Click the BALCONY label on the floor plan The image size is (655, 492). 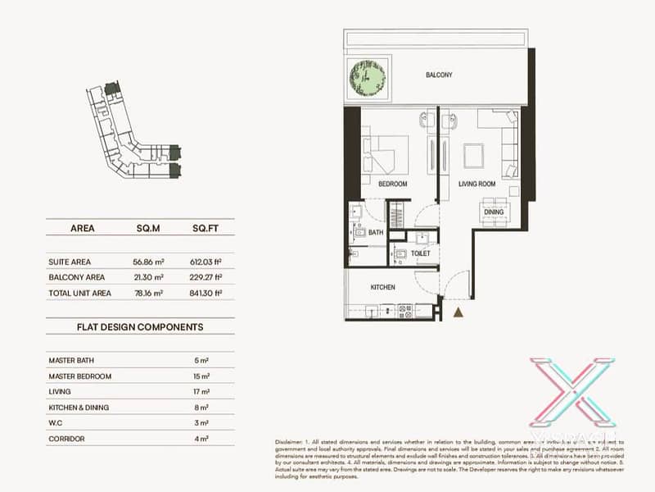[x=439, y=75]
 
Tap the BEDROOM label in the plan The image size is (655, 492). [x=393, y=184]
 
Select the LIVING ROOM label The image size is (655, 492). [x=478, y=184]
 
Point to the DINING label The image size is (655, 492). [x=494, y=212]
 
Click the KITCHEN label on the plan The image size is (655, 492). [x=382, y=288]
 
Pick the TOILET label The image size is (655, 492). [x=421, y=254]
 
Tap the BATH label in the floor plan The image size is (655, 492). [x=376, y=233]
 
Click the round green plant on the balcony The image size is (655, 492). [x=368, y=80]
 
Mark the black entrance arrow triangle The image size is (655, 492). [x=458, y=312]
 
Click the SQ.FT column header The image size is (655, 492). [x=204, y=229]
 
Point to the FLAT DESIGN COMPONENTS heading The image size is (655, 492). [x=140, y=326]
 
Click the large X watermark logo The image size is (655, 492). [x=571, y=392]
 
